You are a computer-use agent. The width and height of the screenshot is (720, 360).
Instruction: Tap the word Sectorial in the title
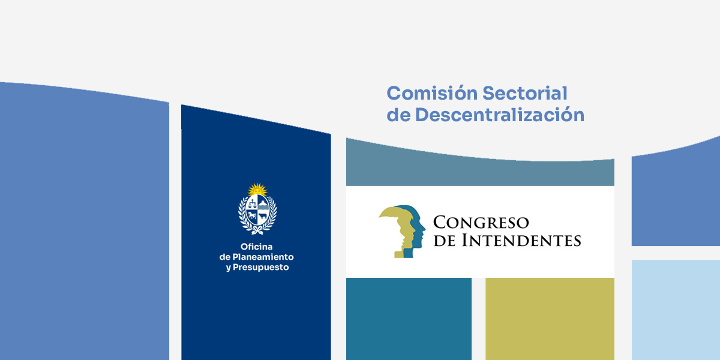click(525, 93)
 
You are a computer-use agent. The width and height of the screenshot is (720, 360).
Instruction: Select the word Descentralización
click(499, 115)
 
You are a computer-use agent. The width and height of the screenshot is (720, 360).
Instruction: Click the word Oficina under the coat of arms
click(257, 247)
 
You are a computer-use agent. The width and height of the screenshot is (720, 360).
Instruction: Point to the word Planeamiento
click(263, 257)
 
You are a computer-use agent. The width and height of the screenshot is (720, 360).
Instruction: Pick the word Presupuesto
click(260, 268)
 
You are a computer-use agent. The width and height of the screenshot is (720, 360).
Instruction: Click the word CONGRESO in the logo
click(481, 223)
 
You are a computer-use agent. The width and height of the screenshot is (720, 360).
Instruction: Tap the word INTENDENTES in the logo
click(521, 241)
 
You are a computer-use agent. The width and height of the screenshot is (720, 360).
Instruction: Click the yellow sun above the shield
click(257, 190)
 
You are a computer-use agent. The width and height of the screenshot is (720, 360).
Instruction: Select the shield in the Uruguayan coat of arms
click(257, 210)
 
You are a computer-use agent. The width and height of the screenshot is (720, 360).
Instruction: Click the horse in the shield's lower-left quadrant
click(251, 215)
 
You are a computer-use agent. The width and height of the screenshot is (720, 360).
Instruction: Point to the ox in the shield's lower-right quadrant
click(263, 215)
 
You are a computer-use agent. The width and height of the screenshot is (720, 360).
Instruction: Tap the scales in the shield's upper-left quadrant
click(252, 203)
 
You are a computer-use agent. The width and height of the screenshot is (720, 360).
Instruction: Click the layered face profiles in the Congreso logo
click(402, 231)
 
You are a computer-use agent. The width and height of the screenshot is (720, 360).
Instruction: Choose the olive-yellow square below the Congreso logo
click(550, 319)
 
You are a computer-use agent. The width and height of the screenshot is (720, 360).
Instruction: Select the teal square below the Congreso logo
click(409, 319)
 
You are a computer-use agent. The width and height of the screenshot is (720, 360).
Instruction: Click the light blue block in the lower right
click(676, 310)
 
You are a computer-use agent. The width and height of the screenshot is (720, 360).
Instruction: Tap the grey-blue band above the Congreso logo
click(480, 169)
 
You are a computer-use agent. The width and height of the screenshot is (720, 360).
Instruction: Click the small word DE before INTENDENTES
click(445, 241)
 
